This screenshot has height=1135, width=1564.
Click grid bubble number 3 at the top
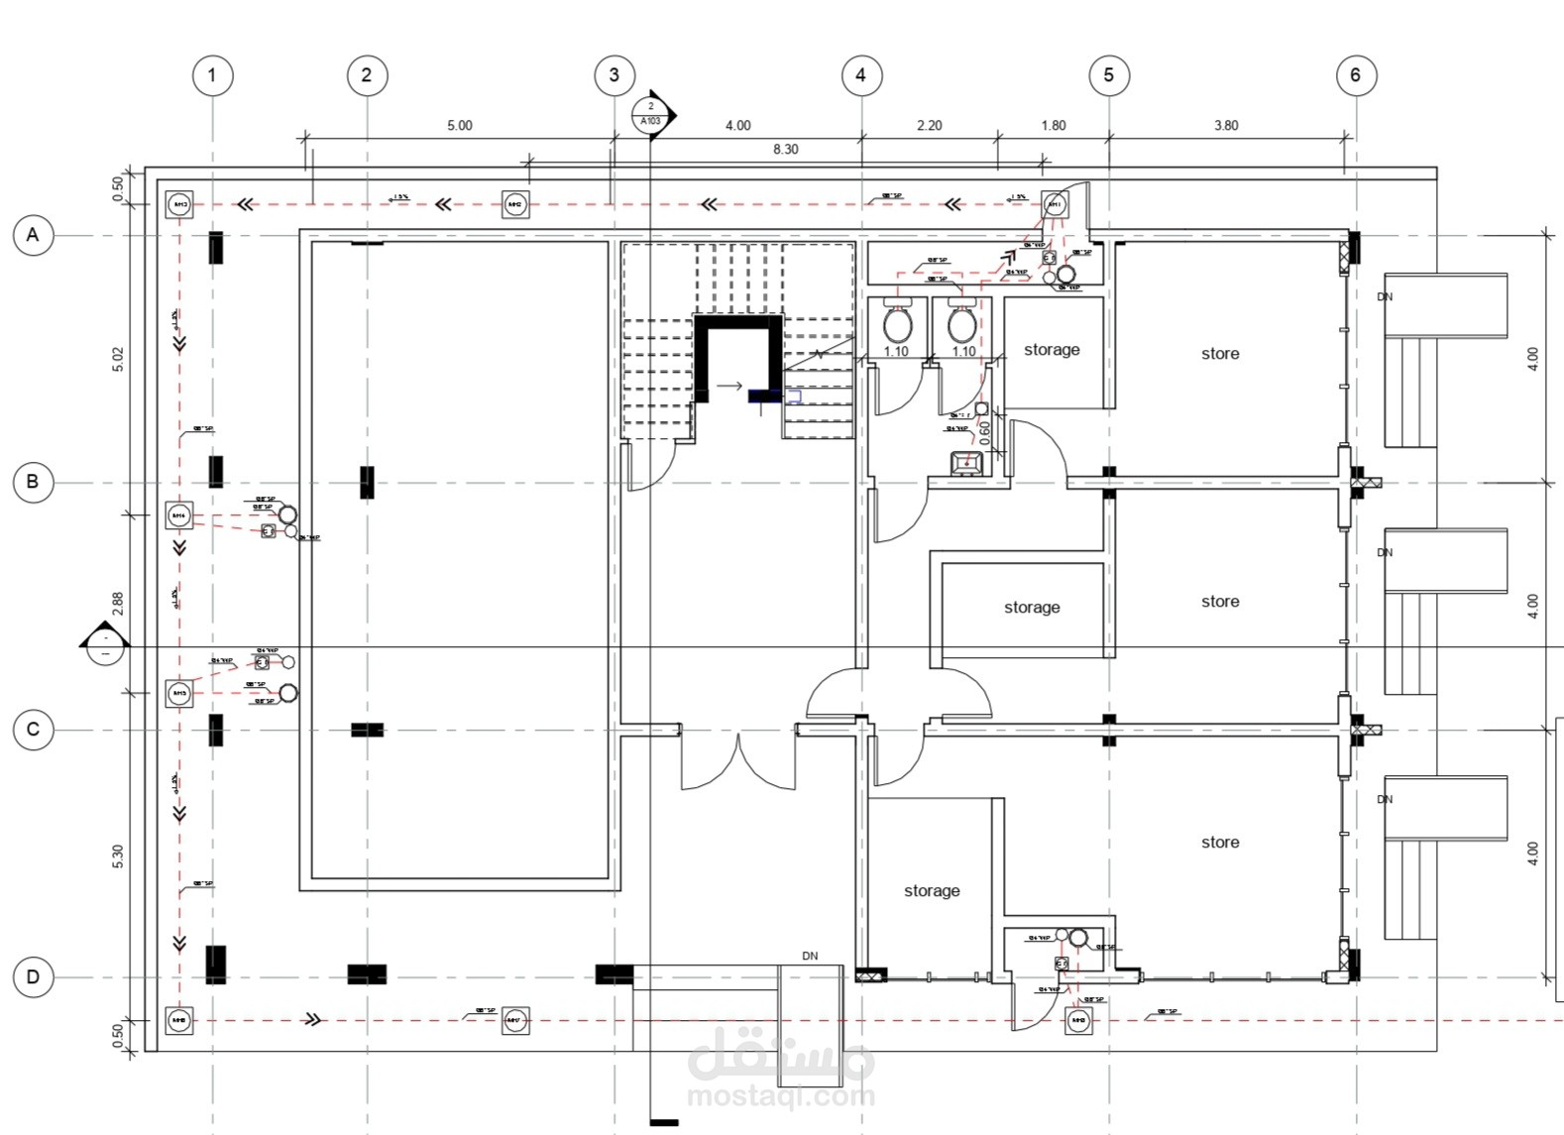614,75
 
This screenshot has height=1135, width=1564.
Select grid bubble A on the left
33,235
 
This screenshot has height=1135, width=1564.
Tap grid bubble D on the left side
33,977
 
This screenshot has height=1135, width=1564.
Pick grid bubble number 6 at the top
1355,75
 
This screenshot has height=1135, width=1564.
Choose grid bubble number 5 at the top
1108,75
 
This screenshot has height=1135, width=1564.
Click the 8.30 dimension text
785,150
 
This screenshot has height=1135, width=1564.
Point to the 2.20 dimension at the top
929,126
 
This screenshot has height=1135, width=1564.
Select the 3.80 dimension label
1225,126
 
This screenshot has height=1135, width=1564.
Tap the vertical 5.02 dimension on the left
119,359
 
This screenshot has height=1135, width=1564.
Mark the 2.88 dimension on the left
119,604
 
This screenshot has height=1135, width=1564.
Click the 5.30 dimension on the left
119,856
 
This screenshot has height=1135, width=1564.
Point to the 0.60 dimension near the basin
984,432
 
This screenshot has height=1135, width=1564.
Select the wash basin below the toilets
966,462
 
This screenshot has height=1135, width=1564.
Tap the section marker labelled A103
651,114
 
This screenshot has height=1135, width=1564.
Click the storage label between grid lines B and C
1032,608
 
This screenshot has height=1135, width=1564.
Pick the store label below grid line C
1220,843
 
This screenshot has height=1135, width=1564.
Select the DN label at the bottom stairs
810,957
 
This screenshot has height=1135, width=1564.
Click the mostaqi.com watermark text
781,1096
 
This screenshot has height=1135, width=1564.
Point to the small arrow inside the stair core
730,387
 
